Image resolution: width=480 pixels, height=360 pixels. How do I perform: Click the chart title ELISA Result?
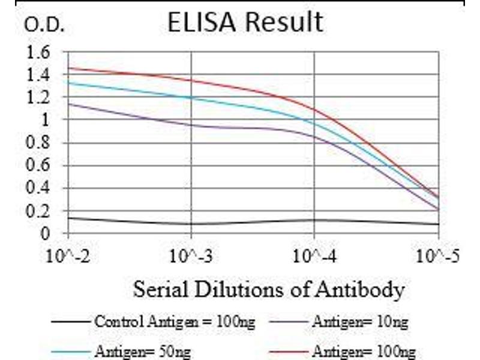tap(245, 22)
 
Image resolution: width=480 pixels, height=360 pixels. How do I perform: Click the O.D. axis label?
tap(43, 25)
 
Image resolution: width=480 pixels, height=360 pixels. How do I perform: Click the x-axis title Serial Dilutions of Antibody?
tap(268, 290)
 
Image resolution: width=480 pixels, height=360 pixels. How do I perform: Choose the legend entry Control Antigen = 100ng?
tap(174, 323)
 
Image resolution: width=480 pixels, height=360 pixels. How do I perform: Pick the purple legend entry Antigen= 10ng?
tap(359, 323)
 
